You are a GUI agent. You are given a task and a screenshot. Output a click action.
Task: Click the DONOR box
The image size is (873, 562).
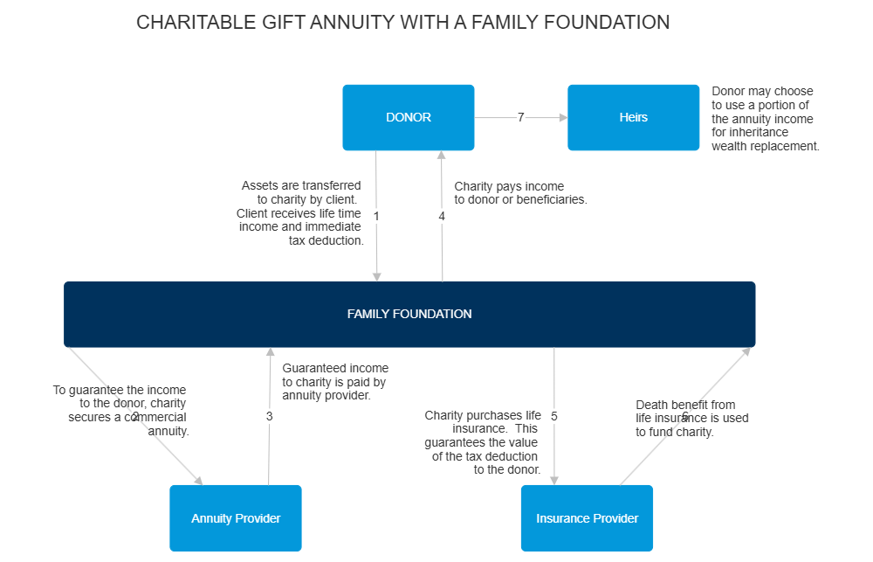pyautogui.click(x=408, y=117)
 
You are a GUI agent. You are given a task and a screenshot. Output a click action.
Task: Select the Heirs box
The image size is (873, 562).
pyautogui.click(x=633, y=117)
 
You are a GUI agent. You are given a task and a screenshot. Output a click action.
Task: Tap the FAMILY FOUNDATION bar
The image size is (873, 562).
pyautogui.click(x=409, y=314)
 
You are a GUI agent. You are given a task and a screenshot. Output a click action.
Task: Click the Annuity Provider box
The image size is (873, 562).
pyautogui.click(x=236, y=518)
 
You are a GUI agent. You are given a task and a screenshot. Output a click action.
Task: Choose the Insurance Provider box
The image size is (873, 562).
pyautogui.click(x=587, y=518)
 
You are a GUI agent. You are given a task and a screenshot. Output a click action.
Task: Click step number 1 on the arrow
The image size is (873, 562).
pyautogui.click(x=376, y=216)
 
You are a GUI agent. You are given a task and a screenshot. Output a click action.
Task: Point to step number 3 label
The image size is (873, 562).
pyautogui.click(x=269, y=416)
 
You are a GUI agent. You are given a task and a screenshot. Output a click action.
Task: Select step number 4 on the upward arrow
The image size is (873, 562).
pyautogui.click(x=442, y=216)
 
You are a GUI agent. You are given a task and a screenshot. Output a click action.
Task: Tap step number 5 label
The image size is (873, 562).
pyautogui.click(x=553, y=416)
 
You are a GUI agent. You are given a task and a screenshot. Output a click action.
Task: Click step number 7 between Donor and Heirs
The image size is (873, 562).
pyautogui.click(x=520, y=117)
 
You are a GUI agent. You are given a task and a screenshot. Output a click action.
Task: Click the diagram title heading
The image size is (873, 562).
pyautogui.click(x=403, y=22)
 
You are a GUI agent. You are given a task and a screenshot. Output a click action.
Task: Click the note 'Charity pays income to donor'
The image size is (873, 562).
pyautogui.click(x=520, y=193)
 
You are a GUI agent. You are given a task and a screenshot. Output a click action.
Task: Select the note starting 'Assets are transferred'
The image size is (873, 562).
pyautogui.click(x=300, y=213)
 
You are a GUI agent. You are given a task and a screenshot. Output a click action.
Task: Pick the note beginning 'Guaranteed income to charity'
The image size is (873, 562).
pyautogui.click(x=335, y=382)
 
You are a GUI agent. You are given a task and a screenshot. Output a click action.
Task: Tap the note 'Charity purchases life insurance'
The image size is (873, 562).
pyautogui.click(x=483, y=442)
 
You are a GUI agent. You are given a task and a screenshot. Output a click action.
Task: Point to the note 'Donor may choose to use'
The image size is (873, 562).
pyautogui.click(x=765, y=119)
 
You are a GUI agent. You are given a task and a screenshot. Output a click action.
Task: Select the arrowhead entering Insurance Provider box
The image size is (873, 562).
pyautogui.click(x=553, y=478)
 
